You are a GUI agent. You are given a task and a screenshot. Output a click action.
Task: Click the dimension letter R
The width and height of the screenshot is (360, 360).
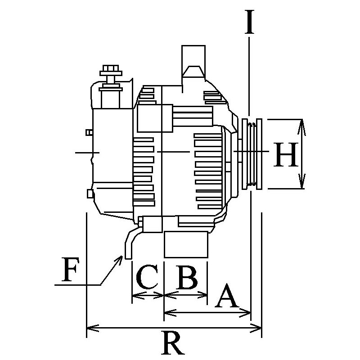click(174, 344)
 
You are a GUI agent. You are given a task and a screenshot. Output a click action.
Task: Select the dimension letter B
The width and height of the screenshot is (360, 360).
click(187, 278)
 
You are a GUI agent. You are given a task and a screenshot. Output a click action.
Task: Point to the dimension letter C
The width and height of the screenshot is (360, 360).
click(147, 278)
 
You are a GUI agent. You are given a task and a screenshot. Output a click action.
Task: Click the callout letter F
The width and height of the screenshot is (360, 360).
click(72, 270)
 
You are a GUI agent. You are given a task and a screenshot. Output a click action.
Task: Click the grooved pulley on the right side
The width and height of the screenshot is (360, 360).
click(252, 153)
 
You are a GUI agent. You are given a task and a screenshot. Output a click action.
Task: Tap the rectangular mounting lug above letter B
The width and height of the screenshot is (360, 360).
click(186, 245)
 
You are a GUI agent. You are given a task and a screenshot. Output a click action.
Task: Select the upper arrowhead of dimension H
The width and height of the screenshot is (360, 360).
click(302, 123)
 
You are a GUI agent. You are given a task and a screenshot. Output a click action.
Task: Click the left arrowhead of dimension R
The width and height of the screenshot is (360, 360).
click(89, 327)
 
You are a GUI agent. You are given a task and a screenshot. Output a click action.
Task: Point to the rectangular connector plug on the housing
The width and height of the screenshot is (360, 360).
click(155, 117)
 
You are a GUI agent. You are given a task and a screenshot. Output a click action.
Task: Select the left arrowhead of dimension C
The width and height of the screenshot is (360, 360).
click(135, 295)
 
